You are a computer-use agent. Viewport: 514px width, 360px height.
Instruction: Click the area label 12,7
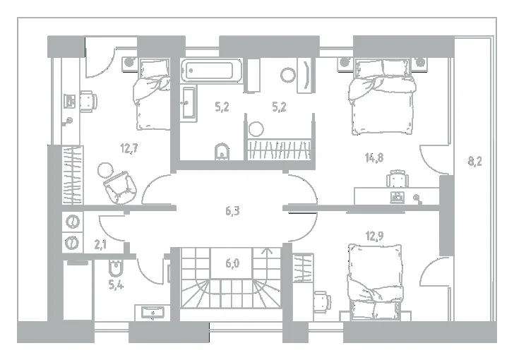(x=128, y=148)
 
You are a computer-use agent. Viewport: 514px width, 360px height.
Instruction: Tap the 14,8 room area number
(x=374, y=157)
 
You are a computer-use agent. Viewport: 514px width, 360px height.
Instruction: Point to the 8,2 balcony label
(x=474, y=162)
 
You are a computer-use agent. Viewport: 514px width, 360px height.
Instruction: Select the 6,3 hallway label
(x=232, y=211)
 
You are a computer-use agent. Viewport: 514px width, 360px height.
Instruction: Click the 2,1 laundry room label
(x=100, y=244)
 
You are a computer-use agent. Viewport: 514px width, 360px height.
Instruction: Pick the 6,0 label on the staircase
(x=232, y=263)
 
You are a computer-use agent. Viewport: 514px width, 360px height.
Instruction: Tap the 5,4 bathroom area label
(x=116, y=285)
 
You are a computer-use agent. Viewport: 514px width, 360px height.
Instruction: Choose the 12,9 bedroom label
(x=374, y=235)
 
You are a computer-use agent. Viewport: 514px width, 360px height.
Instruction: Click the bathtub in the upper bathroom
(x=211, y=70)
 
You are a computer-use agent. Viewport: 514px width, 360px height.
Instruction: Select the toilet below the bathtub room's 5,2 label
(x=222, y=151)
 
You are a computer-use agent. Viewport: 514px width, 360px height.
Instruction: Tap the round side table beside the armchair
(x=105, y=170)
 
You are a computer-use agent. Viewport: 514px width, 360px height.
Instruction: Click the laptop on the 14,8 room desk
(x=397, y=197)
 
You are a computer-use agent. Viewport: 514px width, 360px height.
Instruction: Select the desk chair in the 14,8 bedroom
(x=398, y=179)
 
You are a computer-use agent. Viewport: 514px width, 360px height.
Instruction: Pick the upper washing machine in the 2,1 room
(x=73, y=222)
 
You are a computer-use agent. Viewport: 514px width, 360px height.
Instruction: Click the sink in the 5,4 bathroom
(x=153, y=313)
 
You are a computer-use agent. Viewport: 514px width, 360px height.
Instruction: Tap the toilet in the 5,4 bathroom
(x=116, y=268)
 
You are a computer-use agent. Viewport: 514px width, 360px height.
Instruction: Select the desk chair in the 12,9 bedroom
(x=322, y=302)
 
